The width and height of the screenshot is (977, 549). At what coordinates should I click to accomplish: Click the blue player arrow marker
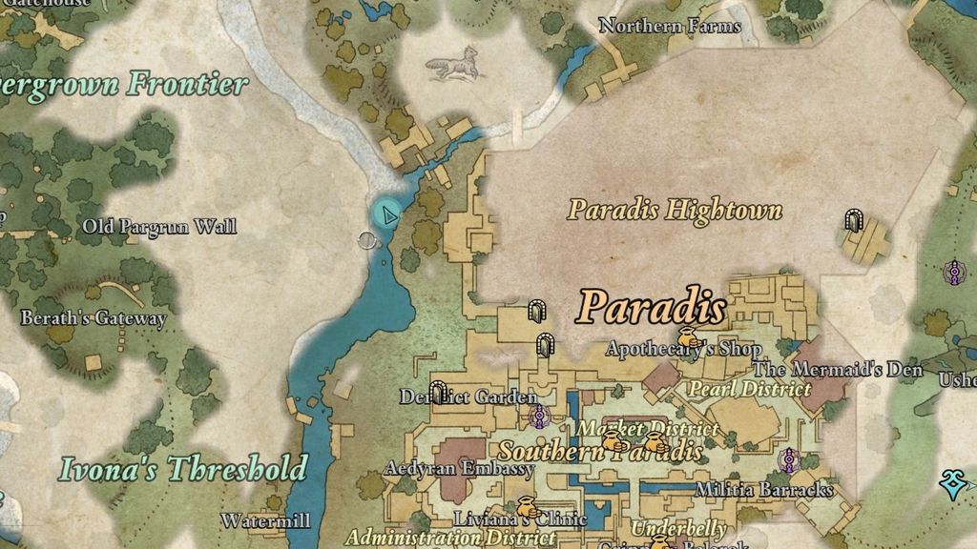[x=387, y=213]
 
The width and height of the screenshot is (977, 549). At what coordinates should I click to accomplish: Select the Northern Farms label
[x=669, y=26]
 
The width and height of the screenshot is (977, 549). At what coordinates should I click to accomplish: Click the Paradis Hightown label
[x=675, y=210]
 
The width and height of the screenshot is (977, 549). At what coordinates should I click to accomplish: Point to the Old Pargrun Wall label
[x=159, y=227]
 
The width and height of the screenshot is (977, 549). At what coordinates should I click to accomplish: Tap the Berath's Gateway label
[x=94, y=318]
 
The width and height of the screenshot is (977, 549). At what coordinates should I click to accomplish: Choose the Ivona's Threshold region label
[x=183, y=469]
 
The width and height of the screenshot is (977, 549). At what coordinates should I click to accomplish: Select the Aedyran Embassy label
[x=459, y=469]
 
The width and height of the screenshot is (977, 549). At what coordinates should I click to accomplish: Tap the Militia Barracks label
[x=764, y=490]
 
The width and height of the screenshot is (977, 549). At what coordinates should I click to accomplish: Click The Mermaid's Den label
[x=839, y=370]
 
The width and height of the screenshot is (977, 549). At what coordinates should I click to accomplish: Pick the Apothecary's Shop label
[x=684, y=350]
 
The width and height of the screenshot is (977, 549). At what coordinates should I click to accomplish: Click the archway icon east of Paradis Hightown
[x=854, y=221]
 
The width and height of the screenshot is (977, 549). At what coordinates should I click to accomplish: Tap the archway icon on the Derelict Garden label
[x=438, y=392]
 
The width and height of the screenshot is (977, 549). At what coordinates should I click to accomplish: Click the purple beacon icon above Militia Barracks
[x=789, y=461]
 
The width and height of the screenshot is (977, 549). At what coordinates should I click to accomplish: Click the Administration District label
[x=438, y=538]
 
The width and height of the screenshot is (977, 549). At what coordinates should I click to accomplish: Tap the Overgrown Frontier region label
[x=124, y=84]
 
